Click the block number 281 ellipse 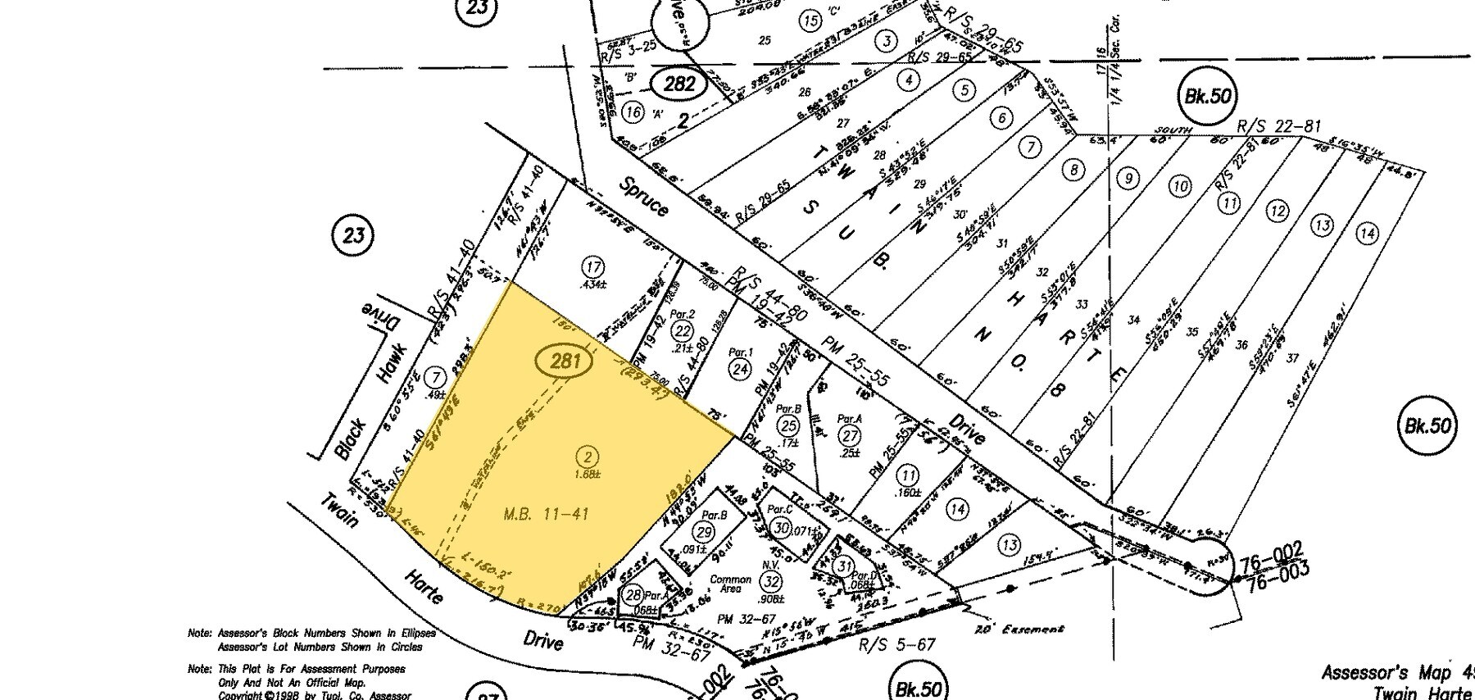565,361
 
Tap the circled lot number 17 593,266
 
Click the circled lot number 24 740,369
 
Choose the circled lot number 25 788,425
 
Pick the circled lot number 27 849,434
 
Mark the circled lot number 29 704,531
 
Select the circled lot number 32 769,582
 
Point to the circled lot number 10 1179,186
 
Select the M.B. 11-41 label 546,514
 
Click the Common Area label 730,584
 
